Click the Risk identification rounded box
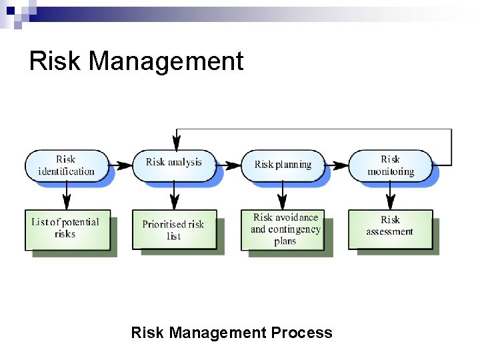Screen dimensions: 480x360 click(x=66, y=165)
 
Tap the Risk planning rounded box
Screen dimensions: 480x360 click(x=283, y=164)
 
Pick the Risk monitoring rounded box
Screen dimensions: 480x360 click(x=390, y=165)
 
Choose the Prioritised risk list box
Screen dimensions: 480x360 click(x=173, y=230)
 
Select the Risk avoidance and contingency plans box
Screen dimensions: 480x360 click(x=285, y=229)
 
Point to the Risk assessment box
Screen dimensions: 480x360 click(x=390, y=227)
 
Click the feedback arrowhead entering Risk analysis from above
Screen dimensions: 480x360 click(x=177, y=142)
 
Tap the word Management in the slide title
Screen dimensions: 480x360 click(x=166, y=62)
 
